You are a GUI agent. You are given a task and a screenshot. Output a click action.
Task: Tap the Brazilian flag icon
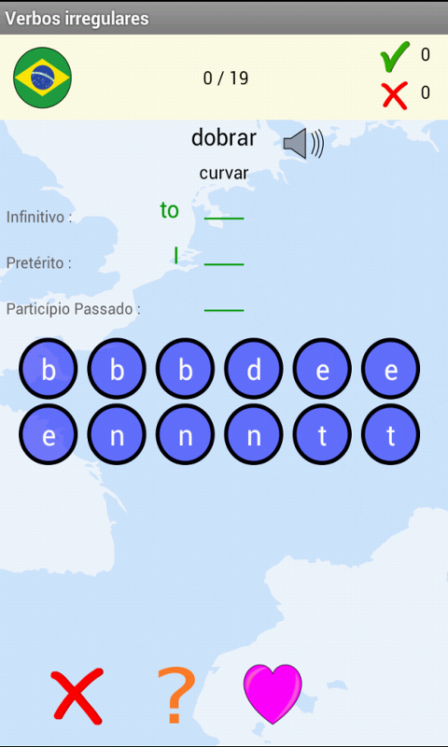pyautogui.click(x=42, y=78)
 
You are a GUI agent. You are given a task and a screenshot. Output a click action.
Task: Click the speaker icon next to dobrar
pyautogui.click(x=303, y=144)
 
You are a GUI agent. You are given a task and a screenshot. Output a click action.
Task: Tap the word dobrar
pyautogui.click(x=224, y=138)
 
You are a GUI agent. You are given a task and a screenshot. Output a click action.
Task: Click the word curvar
pyautogui.click(x=224, y=173)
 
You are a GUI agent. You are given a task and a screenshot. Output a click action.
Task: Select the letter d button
pyautogui.click(x=254, y=368)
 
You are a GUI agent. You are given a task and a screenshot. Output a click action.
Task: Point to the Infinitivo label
pyautogui.click(x=39, y=218)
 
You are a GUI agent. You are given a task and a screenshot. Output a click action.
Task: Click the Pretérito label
pyautogui.click(x=39, y=263)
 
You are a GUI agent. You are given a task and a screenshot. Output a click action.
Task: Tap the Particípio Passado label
pyautogui.click(x=74, y=309)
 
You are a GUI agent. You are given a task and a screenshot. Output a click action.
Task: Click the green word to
pyautogui.click(x=170, y=211)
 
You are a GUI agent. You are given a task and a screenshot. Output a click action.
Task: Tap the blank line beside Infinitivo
pyautogui.click(x=224, y=218)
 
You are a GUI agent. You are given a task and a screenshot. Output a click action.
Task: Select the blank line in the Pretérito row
pyautogui.click(x=224, y=264)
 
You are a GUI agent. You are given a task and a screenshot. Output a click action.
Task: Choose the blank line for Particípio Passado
pyautogui.click(x=224, y=310)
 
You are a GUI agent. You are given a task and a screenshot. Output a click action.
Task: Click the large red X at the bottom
pyautogui.click(x=77, y=696)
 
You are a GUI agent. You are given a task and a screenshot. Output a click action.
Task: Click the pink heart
pyautogui.click(x=273, y=694)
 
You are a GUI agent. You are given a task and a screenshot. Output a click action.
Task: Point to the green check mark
pyautogui.click(x=395, y=57)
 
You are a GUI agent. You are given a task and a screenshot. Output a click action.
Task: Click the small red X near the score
pyautogui.click(x=395, y=95)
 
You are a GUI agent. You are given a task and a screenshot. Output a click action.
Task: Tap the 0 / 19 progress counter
pyautogui.click(x=226, y=78)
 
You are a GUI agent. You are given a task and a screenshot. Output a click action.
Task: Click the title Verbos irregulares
pyautogui.click(x=77, y=18)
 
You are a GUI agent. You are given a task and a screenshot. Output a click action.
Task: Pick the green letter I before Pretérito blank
pyautogui.click(x=176, y=256)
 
